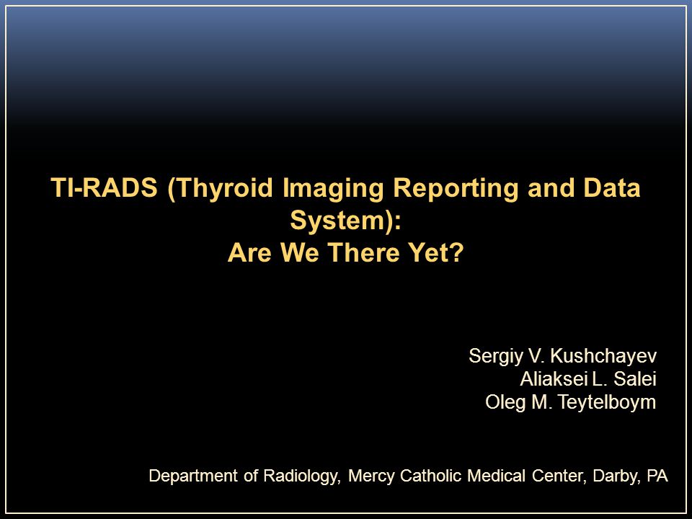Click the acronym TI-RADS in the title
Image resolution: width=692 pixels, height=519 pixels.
click(x=104, y=187)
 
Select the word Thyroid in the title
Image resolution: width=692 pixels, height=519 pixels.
click(x=225, y=189)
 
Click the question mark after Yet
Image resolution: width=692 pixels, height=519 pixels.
click(x=457, y=252)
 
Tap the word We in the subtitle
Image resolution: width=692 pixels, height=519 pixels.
click(x=300, y=252)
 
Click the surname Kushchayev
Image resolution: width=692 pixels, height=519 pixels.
click(x=604, y=355)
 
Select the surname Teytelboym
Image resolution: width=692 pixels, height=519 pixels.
click(x=607, y=402)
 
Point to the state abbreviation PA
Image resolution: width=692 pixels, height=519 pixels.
click(x=657, y=476)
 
